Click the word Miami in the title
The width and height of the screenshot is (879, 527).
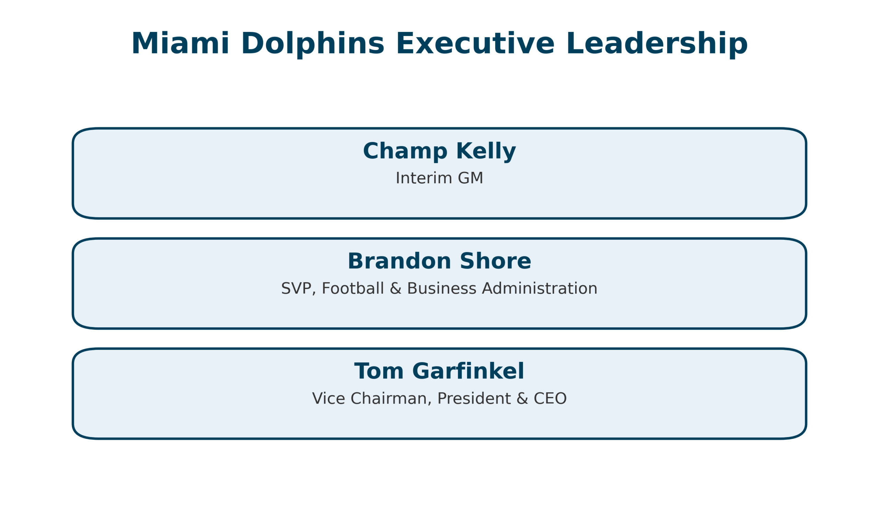click(180, 43)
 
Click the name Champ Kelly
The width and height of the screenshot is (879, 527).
click(439, 151)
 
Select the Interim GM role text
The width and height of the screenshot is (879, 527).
click(439, 178)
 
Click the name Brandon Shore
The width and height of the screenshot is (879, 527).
click(439, 261)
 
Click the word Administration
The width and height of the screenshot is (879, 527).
click(539, 288)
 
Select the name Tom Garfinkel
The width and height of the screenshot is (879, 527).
click(439, 372)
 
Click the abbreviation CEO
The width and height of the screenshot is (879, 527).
click(550, 398)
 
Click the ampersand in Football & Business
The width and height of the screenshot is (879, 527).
click(396, 288)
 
